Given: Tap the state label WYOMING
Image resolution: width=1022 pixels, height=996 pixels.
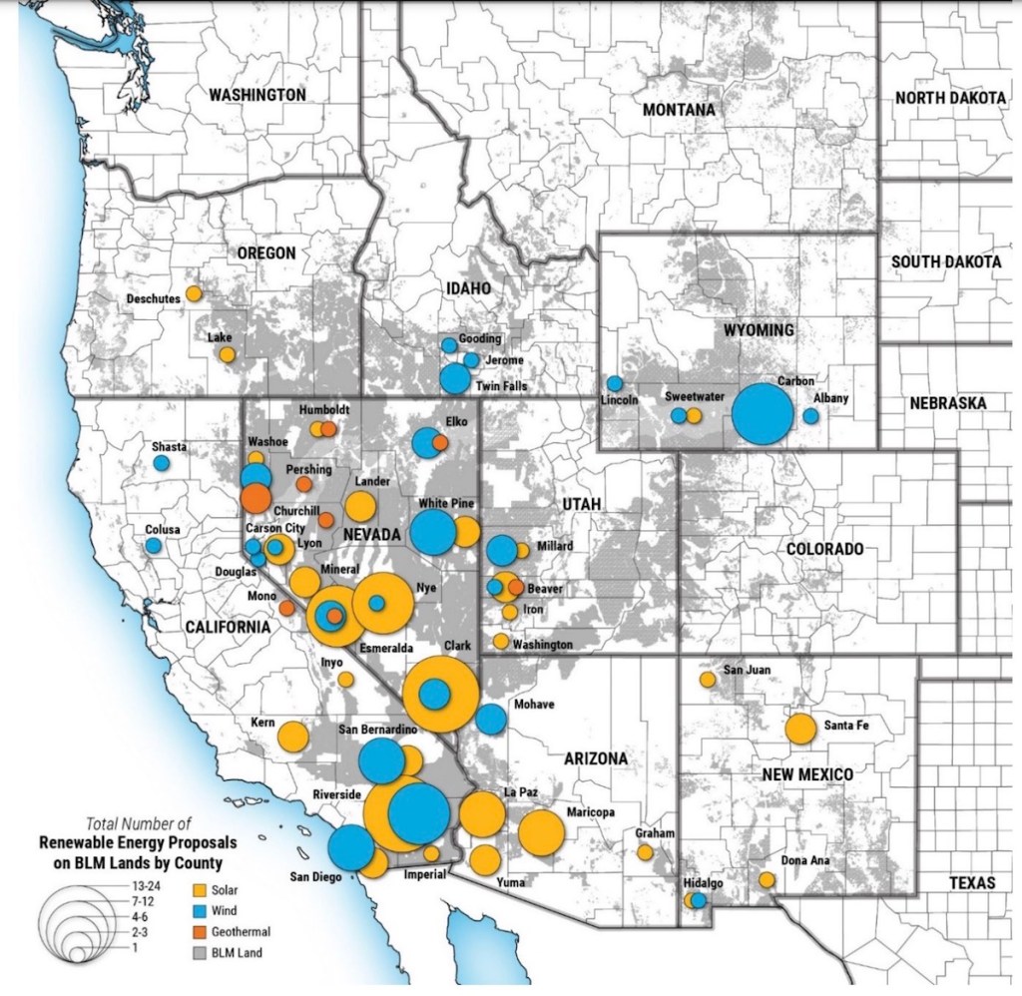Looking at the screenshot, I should tap(754, 329).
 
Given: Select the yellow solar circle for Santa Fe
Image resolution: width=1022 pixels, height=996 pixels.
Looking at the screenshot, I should tap(800, 730).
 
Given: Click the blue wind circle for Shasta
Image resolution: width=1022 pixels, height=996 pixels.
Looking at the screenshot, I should tap(162, 463).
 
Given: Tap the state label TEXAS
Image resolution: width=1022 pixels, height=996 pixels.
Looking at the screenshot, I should tap(972, 883).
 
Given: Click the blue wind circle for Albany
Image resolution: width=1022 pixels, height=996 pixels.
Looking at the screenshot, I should tap(811, 415).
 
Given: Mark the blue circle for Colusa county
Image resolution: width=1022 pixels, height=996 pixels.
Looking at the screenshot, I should tap(153, 546).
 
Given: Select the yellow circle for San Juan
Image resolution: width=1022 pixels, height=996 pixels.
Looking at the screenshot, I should tap(708, 680).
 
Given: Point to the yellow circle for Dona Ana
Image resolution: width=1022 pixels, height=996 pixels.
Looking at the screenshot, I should tap(766, 880).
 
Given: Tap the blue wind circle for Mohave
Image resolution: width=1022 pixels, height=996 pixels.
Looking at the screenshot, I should tap(490, 719).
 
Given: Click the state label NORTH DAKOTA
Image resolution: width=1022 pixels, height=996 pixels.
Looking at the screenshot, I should tap(949, 98).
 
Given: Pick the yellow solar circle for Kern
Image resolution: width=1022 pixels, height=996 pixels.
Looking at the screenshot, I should tap(292, 737).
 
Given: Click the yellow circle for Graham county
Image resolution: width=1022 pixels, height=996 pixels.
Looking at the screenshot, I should tap(645, 852).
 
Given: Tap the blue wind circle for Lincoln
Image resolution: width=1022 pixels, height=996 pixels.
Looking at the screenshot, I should tap(615, 383).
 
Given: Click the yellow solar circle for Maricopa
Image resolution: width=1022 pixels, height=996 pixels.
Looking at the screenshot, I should tap(541, 831).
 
